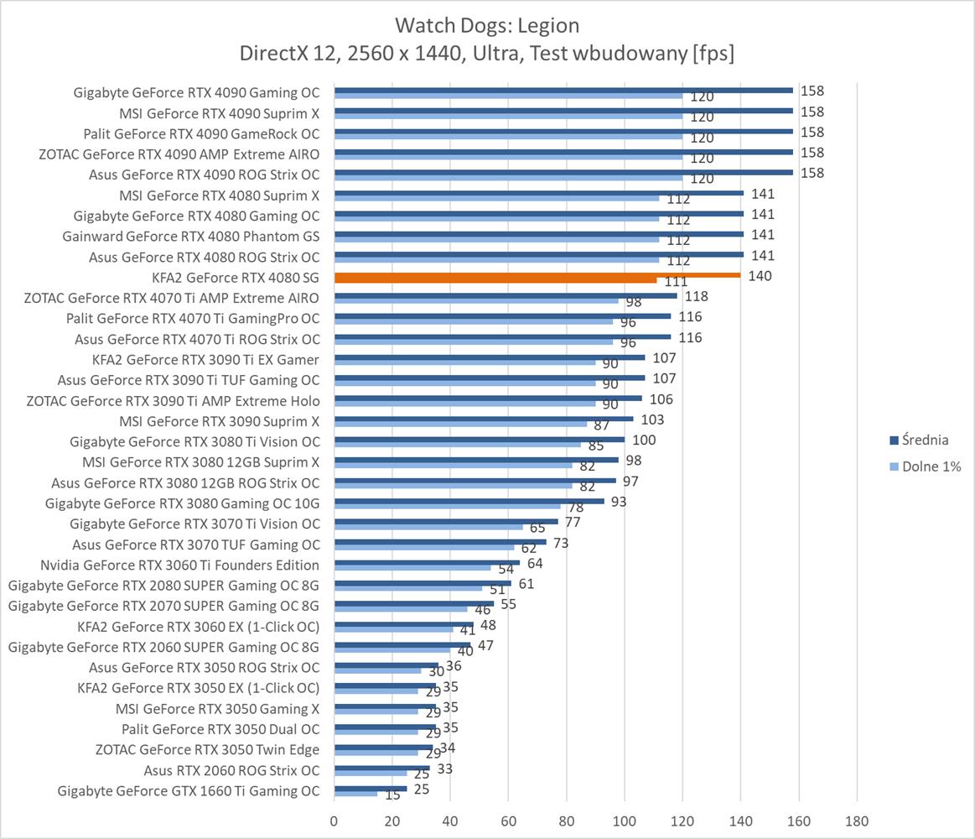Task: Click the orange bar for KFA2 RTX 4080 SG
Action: pos(537,274)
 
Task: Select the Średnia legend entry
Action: pos(925,439)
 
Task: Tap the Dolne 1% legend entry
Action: pos(931,466)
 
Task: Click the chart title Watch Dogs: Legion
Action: pos(486,25)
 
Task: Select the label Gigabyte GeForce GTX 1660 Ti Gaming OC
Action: pos(189,790)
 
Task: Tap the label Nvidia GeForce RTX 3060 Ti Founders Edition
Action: pos(179,565)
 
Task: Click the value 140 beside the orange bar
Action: pos(760,276)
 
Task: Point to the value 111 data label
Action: pos(676,283)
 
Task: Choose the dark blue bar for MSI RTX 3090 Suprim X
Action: pos(484,419)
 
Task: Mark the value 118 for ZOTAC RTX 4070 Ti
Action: pos(697,296)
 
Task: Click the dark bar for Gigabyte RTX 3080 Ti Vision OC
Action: pos(480,439)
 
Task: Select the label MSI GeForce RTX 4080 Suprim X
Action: pos(219,195)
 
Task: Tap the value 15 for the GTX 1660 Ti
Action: pos(392,796)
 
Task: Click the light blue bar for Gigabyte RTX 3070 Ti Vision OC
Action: pos(428,528)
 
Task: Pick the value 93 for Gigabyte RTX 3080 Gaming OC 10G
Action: pos(619,502)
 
